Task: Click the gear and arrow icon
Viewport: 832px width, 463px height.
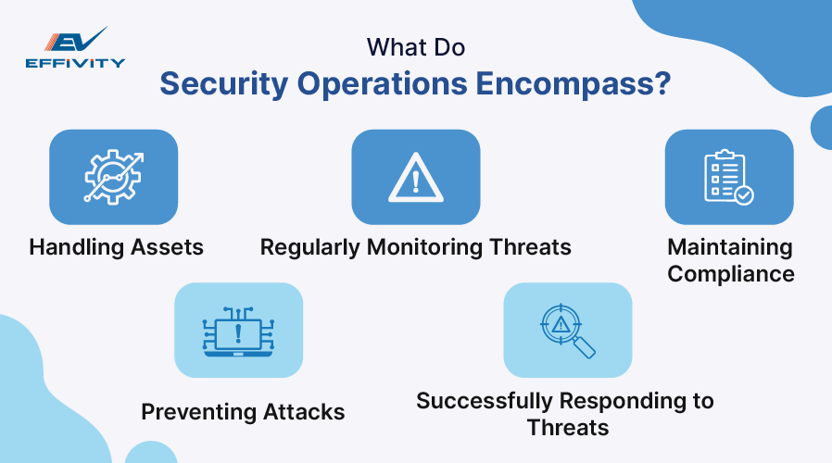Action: coord(112,177)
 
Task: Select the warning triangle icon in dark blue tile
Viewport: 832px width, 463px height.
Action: coord(415,177)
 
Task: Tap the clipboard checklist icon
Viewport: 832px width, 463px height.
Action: coord(728,177)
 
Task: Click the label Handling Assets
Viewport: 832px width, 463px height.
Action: coord(116,247)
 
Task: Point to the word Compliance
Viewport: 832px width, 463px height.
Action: coord(731,274)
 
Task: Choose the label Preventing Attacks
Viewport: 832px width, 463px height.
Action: coord(243,412)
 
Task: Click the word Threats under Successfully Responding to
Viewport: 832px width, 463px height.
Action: coord(567,427)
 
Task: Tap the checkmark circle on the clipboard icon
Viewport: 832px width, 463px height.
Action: coord(743,194)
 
